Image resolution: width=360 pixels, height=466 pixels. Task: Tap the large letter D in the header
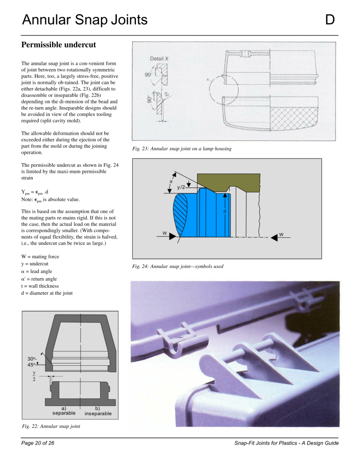click(330, 20)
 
